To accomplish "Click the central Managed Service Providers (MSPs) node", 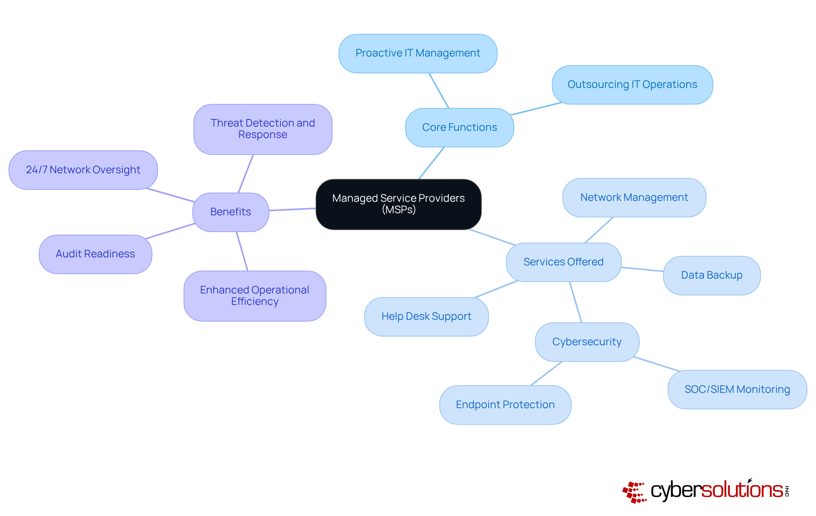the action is tap(398, 204).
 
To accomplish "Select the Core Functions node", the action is tap(459, 127).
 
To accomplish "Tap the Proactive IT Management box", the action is tap(418, 54).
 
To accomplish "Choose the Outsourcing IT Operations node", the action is tap(632, 85).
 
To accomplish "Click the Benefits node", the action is tap(230, 212).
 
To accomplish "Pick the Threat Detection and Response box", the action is tap(263, 129).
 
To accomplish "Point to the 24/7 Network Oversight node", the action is tap(83, 170).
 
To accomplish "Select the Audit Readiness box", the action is tap(95, 254).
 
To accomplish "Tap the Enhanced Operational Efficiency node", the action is tap(255, 296).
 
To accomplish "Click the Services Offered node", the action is tap(563, 262).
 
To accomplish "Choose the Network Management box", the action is tap(634, 197).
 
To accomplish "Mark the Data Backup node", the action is tap(711, 275).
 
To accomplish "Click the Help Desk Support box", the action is tap(426, 316).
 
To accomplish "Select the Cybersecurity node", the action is tap(587, 342).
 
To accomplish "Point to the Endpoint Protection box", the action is tap(505, 405).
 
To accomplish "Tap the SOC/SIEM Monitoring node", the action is tap(737, 389).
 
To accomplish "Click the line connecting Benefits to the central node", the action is tap(292, 209).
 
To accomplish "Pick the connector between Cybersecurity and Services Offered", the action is tap(575, 302).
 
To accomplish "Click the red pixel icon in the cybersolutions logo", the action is tap(634, 492).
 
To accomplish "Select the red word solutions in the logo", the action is tap(742, 490).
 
